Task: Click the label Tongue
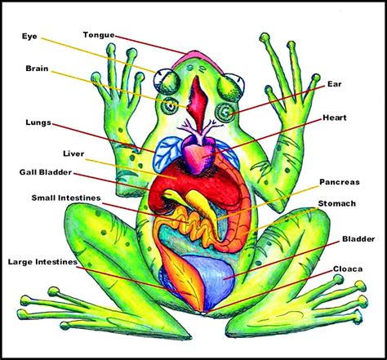tap(99, 34)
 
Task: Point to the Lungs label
tap(38, 122)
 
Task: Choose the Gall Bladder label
tap(45, 172)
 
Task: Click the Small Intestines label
tap(65, 198)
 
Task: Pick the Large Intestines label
tap(42, 262)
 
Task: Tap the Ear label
tap(333, 83)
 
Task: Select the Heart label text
tap(336, 118)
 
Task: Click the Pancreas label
tap(340, 184)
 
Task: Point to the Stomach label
tap(336, 204)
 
